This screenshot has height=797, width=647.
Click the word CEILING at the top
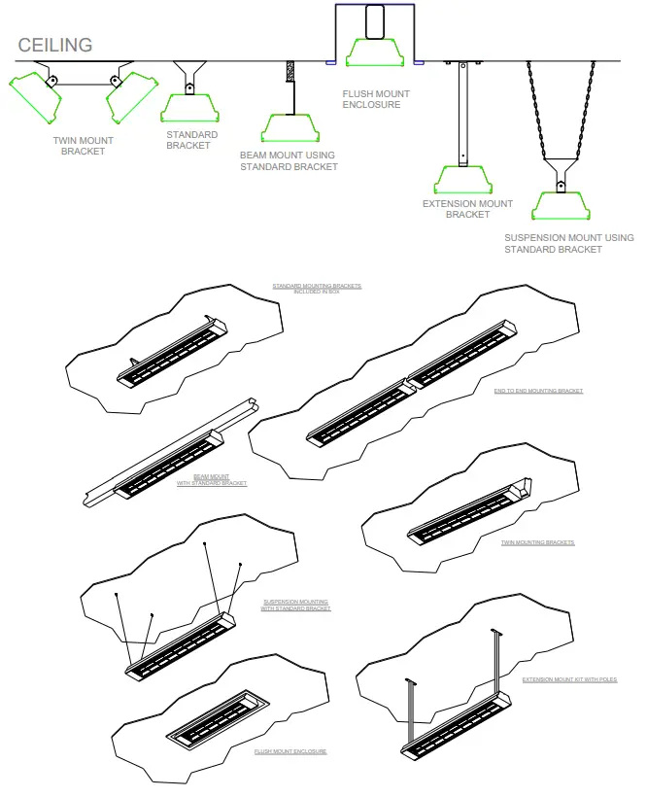pyautogui.click(x=55, y=45)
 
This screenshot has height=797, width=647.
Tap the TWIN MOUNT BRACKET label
pyautogui.click(x=83, y=146)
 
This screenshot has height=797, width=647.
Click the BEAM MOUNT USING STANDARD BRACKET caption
pyautogui.click(x=289, y=161)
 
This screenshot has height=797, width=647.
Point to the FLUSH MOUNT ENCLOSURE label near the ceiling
pyautogui.click(x=376, y=99)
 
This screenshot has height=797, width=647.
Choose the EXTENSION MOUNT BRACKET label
pyautogui.click(x=467, y=209)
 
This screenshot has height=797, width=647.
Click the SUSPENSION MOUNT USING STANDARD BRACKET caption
pyautogui.click(x=568, y=243)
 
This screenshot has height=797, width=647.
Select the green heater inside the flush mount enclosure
pyautogui.click(x=376, y=52)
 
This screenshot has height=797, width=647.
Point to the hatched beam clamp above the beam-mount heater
pyautogui.click(x=289, y=74)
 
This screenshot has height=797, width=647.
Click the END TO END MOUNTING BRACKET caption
pyautogui.click(x=538, y=391)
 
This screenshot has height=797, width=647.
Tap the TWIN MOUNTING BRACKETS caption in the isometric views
pyautogui.click(x=537, y=542)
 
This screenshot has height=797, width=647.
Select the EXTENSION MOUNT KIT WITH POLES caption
pyautogui.click(x=569, y=679)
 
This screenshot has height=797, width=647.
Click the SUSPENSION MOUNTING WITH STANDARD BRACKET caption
pyautogui.click(x=296, y=606)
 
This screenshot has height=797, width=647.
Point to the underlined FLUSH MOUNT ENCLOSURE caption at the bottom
pyautogui.click(x=290, y=752)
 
